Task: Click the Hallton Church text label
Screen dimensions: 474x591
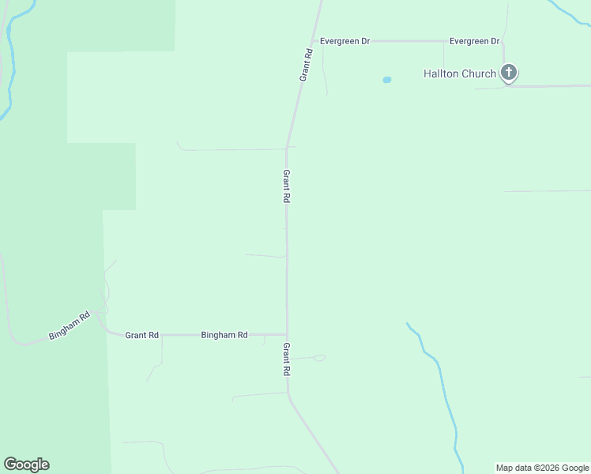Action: tap(460, 74)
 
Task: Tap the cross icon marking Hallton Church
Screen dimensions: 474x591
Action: tap(509, 73)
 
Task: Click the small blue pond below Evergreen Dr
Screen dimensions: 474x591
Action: tap(387, 80)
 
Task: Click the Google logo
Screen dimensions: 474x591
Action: tap(26, 465)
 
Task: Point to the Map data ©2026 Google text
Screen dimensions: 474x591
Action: tap(542, 468)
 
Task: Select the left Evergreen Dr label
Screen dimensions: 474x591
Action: tap(344, 41)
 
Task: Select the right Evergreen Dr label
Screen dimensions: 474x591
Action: tap(474, 41)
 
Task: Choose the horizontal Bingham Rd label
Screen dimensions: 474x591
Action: tap(224, 335)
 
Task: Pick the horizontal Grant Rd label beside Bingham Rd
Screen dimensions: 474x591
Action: tap(142, 335)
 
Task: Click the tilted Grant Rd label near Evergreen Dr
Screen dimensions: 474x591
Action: tap(307, 65)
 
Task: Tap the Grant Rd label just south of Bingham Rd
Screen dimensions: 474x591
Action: tap(287, 359)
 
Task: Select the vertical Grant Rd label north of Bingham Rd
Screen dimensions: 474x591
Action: tap(287, 187)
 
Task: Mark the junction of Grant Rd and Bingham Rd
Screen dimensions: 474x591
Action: tap(287, 334)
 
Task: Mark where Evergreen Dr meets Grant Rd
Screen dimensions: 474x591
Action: tap(315, 41)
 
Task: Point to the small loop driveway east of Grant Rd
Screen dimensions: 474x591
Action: tap(318, 358)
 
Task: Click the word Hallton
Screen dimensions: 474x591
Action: tap(441, 74)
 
